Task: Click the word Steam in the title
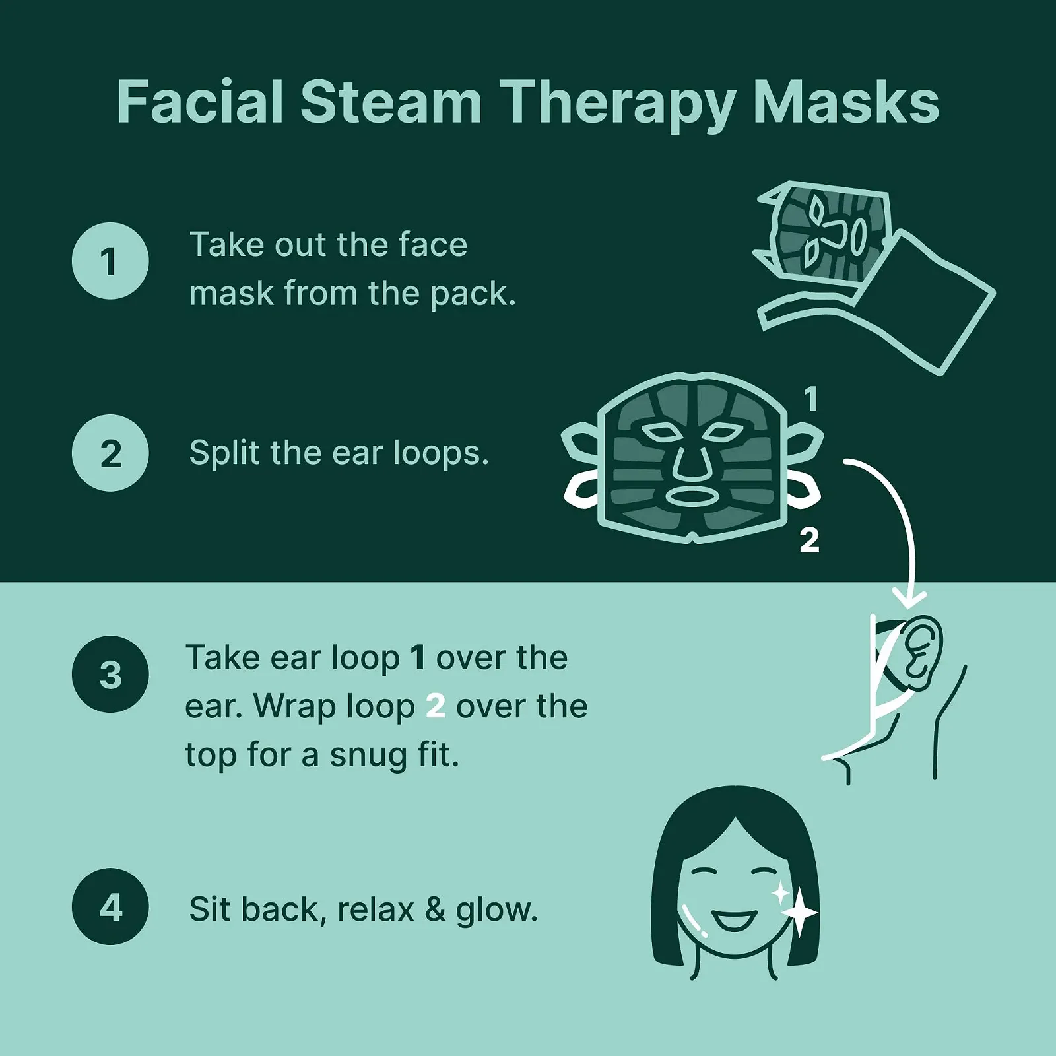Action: [x=391, y=102]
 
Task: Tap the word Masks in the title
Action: [x=847, y=102]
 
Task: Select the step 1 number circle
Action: [x=110, y=261]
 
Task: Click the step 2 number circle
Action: [x=110, y=453]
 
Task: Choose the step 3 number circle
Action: [x=110, y=674]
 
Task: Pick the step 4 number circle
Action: [x=110, y=906]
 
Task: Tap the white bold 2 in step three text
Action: [x=436, y=707]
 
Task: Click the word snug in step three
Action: [x=368, y=756]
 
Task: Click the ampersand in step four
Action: [x=435, y=910]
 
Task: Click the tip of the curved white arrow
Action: [x=909, y=607]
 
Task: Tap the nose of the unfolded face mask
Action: [x=692, y=462]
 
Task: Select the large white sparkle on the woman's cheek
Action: [x=801, y=912]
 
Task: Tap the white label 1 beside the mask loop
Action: [x=812, y=399]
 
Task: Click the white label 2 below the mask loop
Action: [x=810, y=539]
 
